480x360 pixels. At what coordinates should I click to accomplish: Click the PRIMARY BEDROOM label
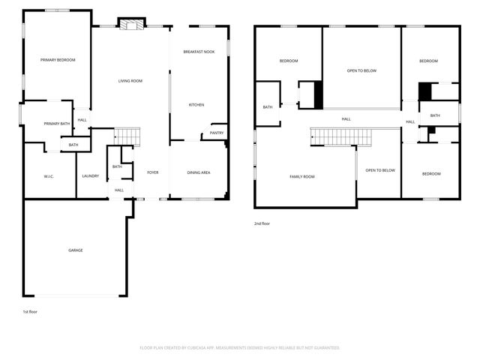coord(58,60)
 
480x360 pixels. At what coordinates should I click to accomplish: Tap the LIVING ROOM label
coord(130,81)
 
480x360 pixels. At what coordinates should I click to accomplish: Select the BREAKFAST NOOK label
coord(199,51)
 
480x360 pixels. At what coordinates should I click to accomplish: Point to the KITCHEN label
coord(196,105)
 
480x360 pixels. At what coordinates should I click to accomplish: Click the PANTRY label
coord(217,133)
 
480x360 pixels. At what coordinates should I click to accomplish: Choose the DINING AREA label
coord(199,172)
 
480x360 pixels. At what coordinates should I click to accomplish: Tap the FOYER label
coord(153,172)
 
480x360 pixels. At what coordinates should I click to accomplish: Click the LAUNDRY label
coord(91,176)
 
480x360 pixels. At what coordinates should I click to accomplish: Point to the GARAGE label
coord(76,250)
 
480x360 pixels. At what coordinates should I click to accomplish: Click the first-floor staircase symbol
coord(127,136)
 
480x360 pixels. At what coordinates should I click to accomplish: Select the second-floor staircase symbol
coord(337,137)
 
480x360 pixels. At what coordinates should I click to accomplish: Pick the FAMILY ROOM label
coord(302,176)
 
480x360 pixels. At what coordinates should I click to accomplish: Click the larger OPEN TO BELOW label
coord(361,70)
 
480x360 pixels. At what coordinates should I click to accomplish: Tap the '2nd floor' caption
coord(262,223)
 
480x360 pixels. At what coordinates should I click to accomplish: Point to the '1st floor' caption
coord(30,310)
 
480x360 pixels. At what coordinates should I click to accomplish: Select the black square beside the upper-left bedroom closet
coord(318,95)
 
